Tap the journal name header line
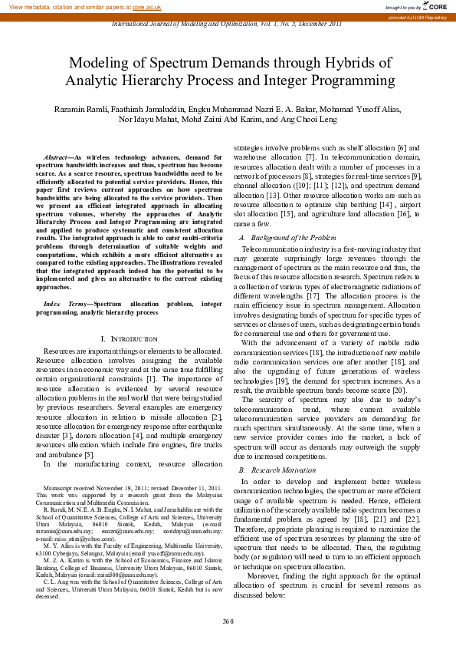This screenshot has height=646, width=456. coord(228,25)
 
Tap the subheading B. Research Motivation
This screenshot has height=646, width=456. coord(277,469)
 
